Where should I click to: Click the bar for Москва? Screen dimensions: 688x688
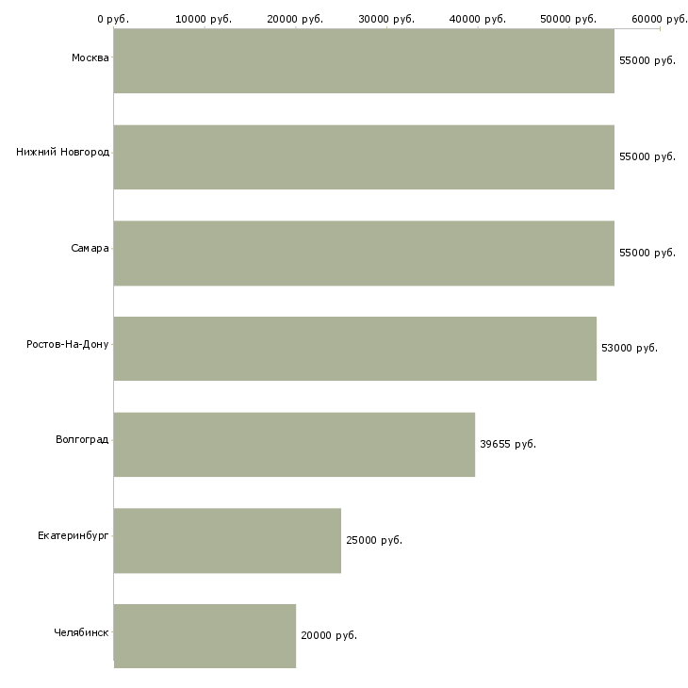point(364,61)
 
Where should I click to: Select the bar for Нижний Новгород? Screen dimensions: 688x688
point(364,157)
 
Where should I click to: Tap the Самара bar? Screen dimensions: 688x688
point(364,254)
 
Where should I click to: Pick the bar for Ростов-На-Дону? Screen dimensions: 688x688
point(355,349)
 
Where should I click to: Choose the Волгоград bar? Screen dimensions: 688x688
point(294,445)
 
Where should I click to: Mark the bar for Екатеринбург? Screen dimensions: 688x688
point(227,541)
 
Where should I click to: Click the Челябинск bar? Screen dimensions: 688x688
point(205,636)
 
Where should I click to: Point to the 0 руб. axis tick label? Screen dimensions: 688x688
point(113,19)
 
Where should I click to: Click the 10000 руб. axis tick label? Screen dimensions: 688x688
point(204,19)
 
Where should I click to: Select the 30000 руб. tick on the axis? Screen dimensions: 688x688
point(386,19)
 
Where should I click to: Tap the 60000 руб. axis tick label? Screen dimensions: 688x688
point(660,19)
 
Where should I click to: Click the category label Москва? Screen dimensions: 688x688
point(90,58)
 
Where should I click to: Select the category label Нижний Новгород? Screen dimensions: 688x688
point(62,152)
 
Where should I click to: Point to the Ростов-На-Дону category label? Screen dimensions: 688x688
point(68,344)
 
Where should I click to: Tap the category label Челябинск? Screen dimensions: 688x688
point(81,632)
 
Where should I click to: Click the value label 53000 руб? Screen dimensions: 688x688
point(630,348)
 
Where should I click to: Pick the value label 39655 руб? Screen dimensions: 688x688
point(508,444)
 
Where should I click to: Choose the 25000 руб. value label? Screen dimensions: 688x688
point(374,540)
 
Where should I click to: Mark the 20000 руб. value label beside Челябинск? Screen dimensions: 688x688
point(329,635)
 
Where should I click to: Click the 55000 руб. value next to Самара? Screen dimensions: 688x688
point(647,253)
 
